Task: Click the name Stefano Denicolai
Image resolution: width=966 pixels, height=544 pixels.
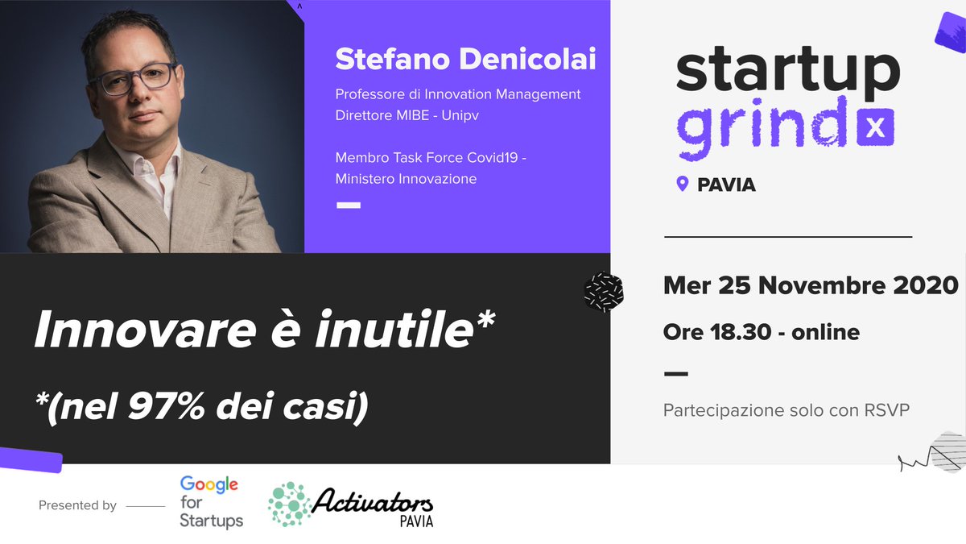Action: point(465,60)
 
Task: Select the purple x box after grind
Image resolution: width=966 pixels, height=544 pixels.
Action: point(875,128)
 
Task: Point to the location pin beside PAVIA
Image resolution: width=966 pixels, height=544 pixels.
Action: point(683,185)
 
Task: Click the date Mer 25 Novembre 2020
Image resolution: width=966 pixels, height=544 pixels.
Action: point(811,284)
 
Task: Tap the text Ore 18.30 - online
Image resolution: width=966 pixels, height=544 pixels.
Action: point(761,331)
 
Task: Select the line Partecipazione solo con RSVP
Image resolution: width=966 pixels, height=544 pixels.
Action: point(786,410)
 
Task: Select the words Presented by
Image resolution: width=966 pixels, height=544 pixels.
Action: point(77,506)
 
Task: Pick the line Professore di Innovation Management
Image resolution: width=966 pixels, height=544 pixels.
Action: point(457,94)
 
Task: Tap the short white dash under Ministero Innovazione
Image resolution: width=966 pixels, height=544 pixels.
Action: point(348,206)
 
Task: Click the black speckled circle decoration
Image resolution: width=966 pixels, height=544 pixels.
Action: point(603,291)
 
